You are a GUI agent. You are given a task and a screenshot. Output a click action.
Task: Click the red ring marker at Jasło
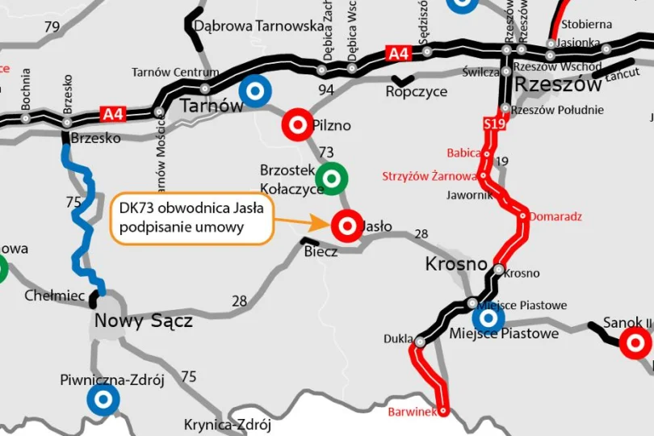pyautogui.click(x=348, y=226)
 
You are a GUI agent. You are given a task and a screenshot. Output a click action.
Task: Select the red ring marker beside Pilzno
pyautogui.click(x=297, y=124)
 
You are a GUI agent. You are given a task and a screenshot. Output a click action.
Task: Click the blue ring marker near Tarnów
pyautogui.click(x=255, y=90)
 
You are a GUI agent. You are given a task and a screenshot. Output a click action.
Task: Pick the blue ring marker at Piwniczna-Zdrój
pyautogui.click(x=103, y=398)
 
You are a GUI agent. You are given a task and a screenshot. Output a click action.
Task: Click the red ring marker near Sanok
pyautogui.click(x=635, y=344)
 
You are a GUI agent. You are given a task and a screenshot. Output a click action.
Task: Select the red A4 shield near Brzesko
pyautogui.click(x=113, y=114)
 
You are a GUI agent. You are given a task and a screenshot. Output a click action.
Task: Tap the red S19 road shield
pyautogui.click(x=494, y=124)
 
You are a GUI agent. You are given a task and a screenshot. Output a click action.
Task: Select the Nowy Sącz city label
pyautogui.click(x=144, y=321)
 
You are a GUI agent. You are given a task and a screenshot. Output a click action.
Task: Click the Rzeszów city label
pyautogui.click(x=558, y=85)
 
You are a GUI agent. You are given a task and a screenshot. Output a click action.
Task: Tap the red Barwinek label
pyautogui.click(x=412, y=412)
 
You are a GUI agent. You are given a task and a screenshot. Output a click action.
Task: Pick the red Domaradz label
pyautogui.click(x=555, y=216)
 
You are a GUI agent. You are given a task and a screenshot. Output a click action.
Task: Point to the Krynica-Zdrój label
pyautogui.click(x=227, y=425)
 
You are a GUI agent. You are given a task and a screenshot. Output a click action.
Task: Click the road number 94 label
pyautogui.click(x=325, y=90)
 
